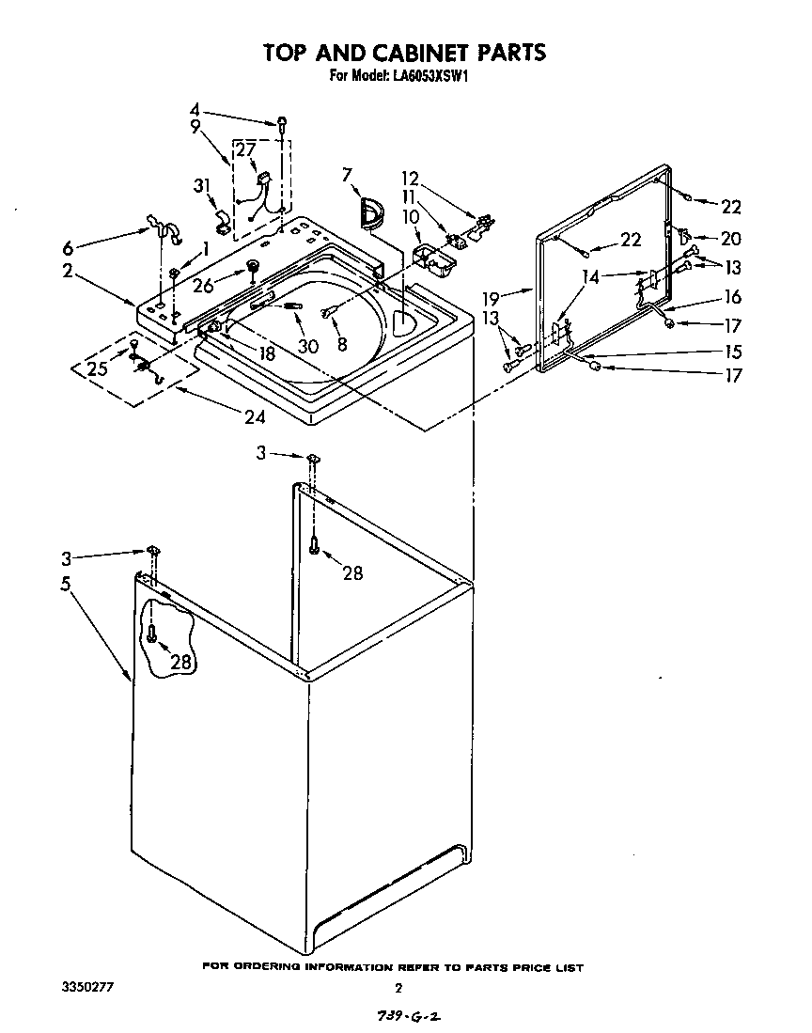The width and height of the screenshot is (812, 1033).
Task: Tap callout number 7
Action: pos(347,174)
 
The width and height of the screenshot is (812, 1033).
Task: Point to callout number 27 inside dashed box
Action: pos(244,149)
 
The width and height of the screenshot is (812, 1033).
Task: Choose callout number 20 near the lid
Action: pos(730,239)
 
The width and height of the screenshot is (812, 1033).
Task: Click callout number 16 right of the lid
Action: pos(732,297)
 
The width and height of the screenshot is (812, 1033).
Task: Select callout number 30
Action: pos(308,345)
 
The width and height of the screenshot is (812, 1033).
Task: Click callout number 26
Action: pos(203,287)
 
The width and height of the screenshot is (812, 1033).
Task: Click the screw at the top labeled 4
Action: pos(281,122)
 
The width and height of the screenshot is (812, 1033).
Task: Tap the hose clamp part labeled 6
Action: pos(159,227)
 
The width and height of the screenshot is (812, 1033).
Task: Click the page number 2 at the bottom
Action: pos(398,988)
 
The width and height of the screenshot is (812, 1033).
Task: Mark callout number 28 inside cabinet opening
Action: pos(352,572)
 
